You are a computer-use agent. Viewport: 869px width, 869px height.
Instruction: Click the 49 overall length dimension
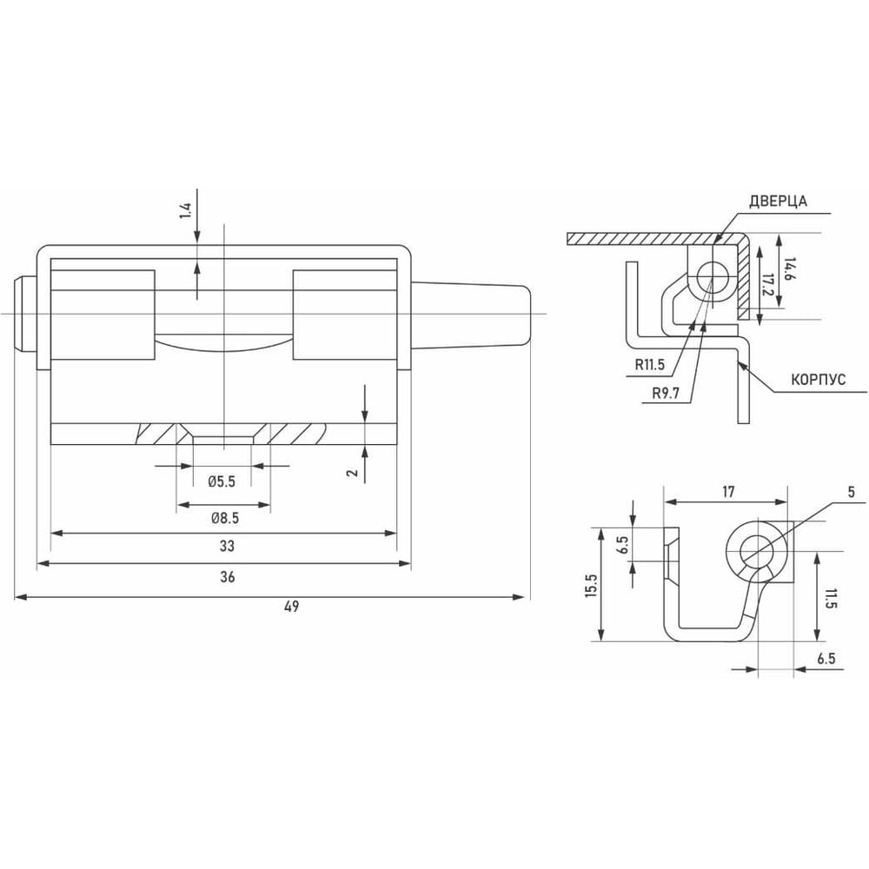(x=291, y=607)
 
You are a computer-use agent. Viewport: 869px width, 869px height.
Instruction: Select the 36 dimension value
(x=227, y=577)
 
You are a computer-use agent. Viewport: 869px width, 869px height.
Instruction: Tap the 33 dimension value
(x=227, y=546)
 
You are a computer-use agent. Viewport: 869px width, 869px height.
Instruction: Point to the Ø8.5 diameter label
(x=224, y=518)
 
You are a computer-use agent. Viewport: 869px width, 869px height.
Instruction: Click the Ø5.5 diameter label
(x=222, y=481)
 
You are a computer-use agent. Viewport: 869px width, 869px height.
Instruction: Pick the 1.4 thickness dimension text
(x=185, y=211)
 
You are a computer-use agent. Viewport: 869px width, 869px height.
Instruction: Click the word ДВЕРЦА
(x=778, y=202)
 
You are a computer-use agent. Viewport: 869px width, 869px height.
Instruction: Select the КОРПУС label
(x=818, y=380)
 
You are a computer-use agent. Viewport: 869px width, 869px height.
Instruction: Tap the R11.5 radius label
(x=649, y=365)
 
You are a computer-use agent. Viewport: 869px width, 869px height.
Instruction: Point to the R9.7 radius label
(x=666, y=394)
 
